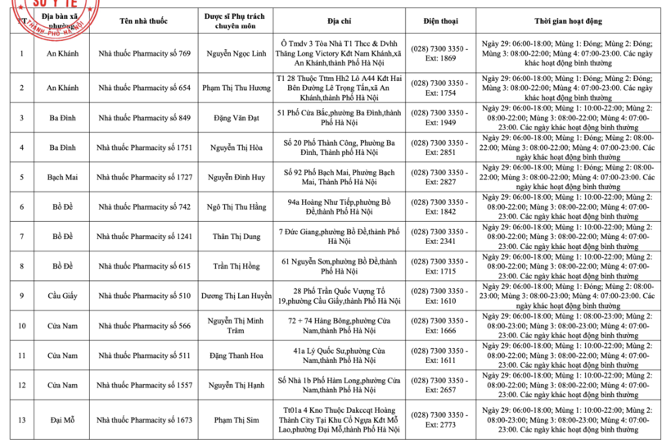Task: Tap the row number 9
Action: (21, 296)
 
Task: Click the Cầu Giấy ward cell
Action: (62, 296)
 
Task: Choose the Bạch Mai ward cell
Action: (62, 177)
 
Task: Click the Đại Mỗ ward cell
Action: (62, 419)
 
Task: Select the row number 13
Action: (21, 419)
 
